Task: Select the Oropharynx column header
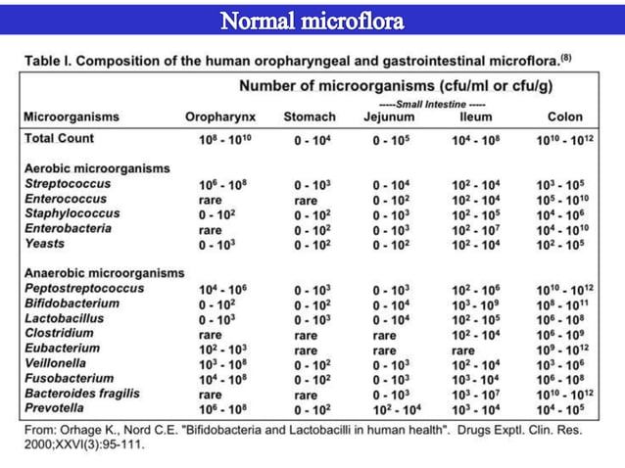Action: coord(221,117)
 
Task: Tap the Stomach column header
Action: coord(309,117)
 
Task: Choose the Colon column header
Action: coord(564,117)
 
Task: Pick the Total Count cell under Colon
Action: coord(565,139)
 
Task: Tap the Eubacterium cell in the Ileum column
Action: coord(469,348)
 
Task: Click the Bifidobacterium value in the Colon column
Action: coord(565,304)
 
